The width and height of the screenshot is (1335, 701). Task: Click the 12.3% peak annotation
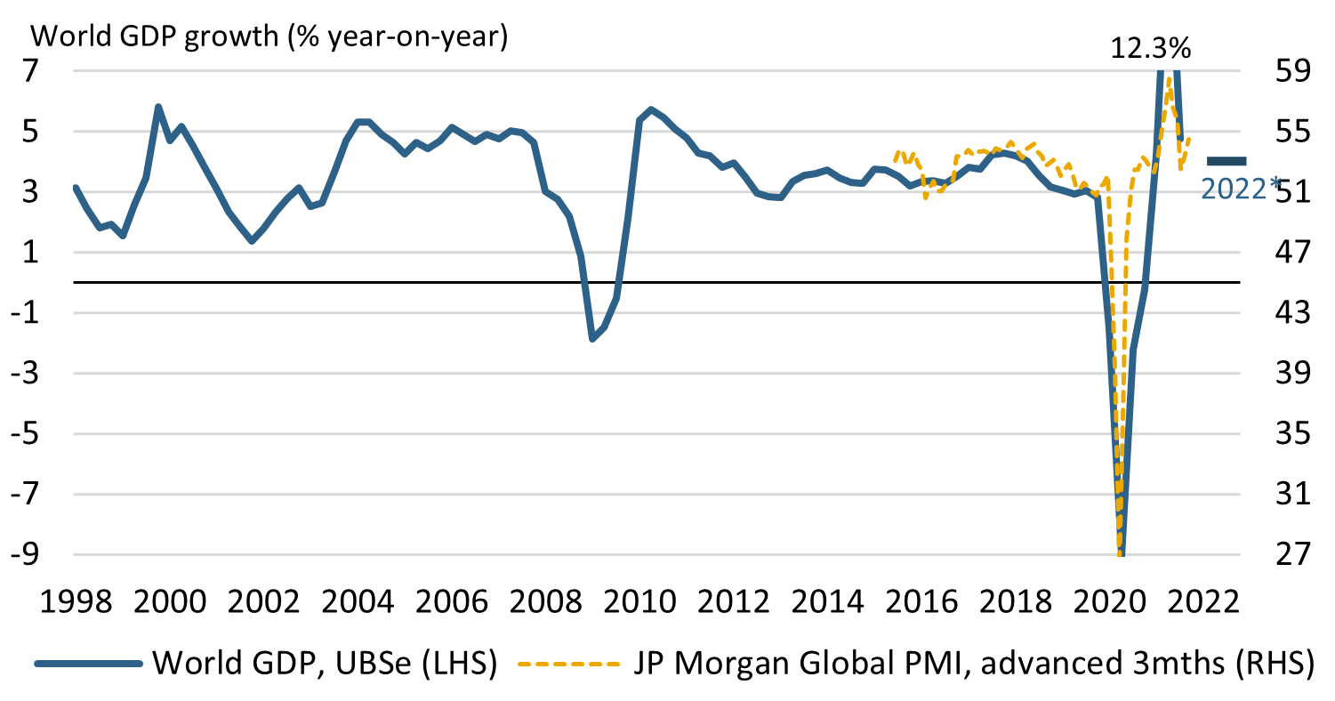click(x=1150, y=48)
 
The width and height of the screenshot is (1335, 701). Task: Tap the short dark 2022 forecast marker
click(x=1227, y=160)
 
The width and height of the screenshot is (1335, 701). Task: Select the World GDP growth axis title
click(x=269, y=38)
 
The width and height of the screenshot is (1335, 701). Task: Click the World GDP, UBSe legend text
click(x=325, y=664)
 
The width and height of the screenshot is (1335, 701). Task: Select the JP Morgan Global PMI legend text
click(x=974, y=664)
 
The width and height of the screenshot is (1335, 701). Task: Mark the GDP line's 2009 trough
click(x=592, y=339)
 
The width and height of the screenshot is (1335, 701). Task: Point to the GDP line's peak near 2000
click(x=158, y=108)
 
